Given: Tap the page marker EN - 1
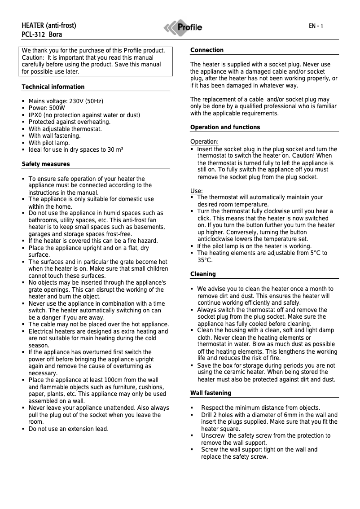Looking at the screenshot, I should coord(316,26).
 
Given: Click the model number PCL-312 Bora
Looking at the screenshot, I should coord(42,34).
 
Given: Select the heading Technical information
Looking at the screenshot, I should coord(53,87).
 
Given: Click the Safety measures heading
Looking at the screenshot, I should coord(46,164).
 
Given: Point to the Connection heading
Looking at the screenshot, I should coord(206,50).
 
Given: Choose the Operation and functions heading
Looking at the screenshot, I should coord(225,127).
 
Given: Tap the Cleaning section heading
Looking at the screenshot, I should coord(203,274).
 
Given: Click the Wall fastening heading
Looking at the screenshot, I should coord(211,393).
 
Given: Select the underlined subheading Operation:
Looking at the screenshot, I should coord(204,142).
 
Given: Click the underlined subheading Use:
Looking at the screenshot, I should coord(197,191).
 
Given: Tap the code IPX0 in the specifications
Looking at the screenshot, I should coord(36,115).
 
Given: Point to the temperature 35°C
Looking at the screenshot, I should coord(205,260).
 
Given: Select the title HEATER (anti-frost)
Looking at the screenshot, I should coord(49,26).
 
